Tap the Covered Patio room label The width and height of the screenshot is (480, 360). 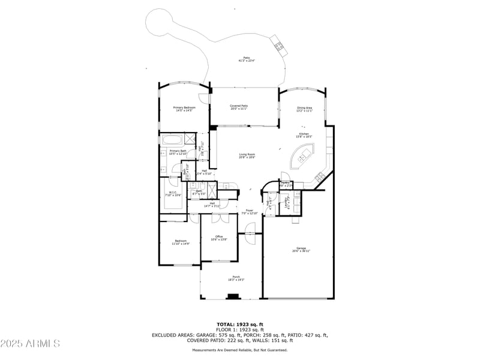[239, 107]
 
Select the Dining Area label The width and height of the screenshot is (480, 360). [304, 109]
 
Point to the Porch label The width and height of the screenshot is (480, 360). [236, 278]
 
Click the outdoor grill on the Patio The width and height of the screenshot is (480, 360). [280, 44]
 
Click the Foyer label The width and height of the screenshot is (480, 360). [249, 212]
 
